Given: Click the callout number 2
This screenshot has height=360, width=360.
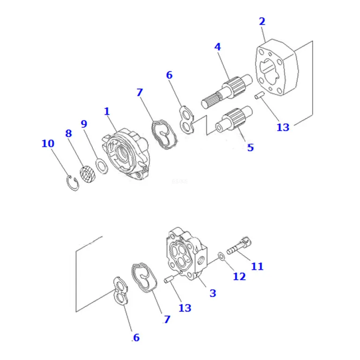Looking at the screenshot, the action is [262, 22].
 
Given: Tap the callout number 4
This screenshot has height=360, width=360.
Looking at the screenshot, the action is [217, 47].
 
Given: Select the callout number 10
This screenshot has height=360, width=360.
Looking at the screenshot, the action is [48, 143].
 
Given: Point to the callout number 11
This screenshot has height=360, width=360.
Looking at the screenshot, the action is [257, 266].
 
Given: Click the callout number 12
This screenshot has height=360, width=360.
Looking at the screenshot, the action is [239, 276].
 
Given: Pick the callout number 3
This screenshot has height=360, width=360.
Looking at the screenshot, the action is [213, 293].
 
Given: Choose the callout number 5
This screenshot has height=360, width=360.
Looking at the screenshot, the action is [250, 147].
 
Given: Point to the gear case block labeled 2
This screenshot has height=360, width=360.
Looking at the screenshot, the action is [277, 67].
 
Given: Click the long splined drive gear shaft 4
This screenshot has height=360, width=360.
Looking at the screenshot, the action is [227, 91].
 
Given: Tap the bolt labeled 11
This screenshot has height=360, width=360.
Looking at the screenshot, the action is [239, 246].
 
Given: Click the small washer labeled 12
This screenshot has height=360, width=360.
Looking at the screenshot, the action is [221, 255].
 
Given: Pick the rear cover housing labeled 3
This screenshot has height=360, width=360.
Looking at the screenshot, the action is [187, 254].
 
